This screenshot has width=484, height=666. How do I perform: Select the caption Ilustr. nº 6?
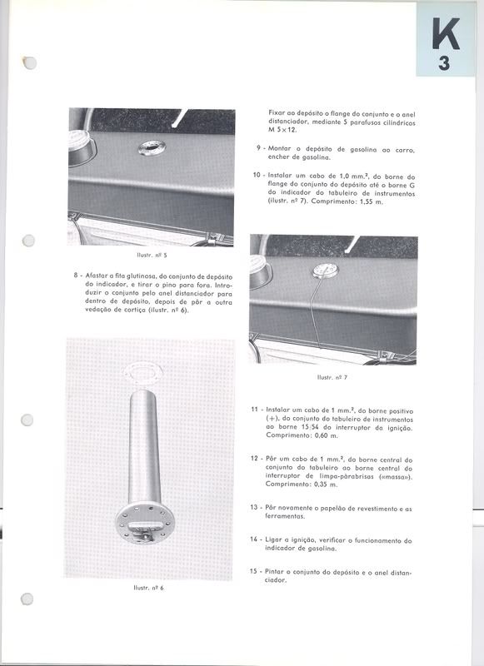click(149, 588)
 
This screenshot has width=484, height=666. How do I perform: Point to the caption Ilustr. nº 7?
click(332, 377)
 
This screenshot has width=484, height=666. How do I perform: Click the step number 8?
click(76, 276)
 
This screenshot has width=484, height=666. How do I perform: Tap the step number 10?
click(257, 176)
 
